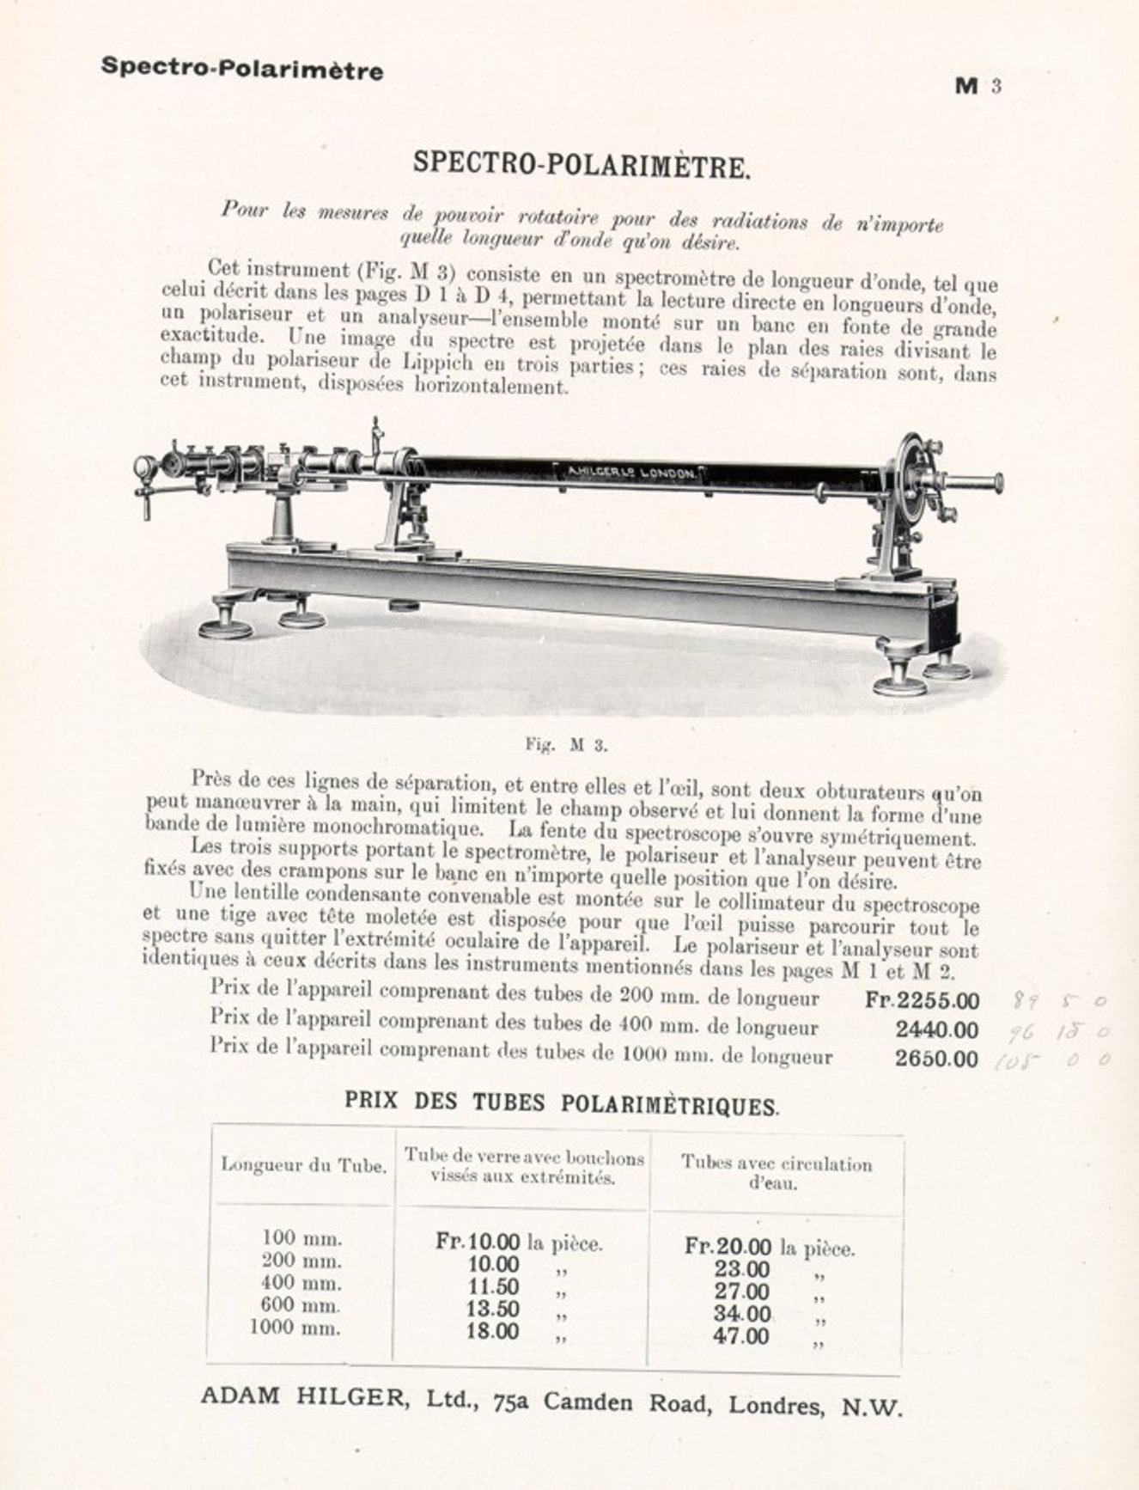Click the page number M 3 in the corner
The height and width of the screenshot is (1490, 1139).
978,86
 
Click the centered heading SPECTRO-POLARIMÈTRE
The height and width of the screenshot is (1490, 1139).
582,164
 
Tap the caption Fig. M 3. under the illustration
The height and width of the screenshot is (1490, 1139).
566,745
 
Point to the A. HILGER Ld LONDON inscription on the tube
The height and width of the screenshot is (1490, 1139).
631,472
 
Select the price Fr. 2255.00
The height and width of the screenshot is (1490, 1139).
922,1001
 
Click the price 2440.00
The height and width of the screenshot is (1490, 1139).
936,1029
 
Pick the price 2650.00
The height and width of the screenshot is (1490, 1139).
936,1059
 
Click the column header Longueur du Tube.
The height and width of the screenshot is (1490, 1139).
303,1165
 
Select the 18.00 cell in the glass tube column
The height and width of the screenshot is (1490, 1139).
492,1332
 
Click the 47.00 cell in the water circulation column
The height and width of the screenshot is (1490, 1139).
740,1336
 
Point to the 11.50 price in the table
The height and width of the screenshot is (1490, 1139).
492,1287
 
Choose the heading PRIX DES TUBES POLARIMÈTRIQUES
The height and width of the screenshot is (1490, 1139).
562,1103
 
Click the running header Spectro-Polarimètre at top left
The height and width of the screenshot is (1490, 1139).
242,68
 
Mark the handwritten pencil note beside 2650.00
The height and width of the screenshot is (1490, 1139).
1051,1060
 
